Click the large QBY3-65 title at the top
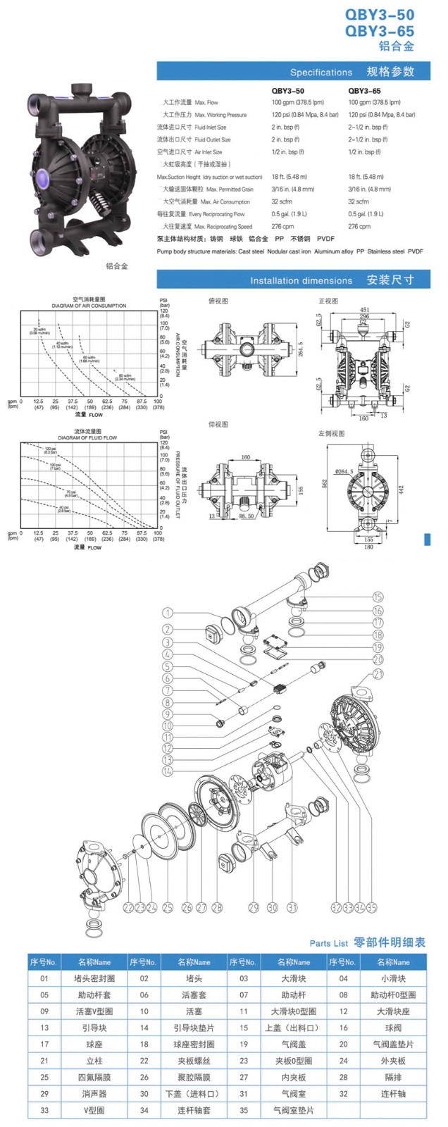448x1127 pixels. [x=379, y=31]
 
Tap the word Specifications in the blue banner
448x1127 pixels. [x=321, y=73]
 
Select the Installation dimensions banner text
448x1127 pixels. [x=301, y=280]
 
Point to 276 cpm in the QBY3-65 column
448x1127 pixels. [x=359, y=227]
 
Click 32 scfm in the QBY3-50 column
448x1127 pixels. [x=282, y=201]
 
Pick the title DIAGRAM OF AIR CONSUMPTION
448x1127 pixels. [x=89, y=306]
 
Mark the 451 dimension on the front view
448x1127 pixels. [x=365, y=310]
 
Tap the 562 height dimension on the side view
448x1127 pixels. [x=325, y=484]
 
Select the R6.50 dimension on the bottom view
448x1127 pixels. [x=247, y=516]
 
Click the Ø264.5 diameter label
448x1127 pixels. [x=344, y=471]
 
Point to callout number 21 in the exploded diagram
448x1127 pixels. [x=378, y=675]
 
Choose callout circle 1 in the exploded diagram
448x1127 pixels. [x=167, y=614]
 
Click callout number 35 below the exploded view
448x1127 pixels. [x=371, y=908]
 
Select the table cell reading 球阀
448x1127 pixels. [x=393, y=1028]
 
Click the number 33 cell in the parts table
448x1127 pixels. [x=44, y=1110]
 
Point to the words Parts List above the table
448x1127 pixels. [x=328, y=943]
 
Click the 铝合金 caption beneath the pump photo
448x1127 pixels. [x=116, y=266]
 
